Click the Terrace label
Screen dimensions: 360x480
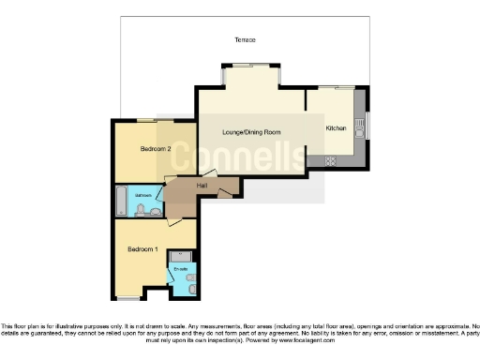point(245,39)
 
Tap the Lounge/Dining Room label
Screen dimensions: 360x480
point(251,133)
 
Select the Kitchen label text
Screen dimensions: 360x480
point(336,127)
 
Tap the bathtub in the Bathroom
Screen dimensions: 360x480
point(119,199)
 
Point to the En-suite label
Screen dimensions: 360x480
point(180,269)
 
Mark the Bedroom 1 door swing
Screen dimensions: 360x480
point(172,223)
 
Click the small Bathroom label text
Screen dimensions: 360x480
point(142,196)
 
